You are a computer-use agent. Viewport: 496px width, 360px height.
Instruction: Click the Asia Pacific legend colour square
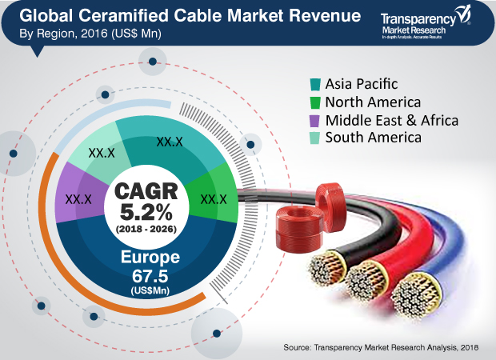tap(316, 84)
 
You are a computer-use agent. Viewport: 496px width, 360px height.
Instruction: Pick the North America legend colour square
tap(316, 102)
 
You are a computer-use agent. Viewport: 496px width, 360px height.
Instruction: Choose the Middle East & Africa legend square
tap(316, 120)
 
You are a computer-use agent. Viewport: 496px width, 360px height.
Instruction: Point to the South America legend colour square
tap(316, 138)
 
